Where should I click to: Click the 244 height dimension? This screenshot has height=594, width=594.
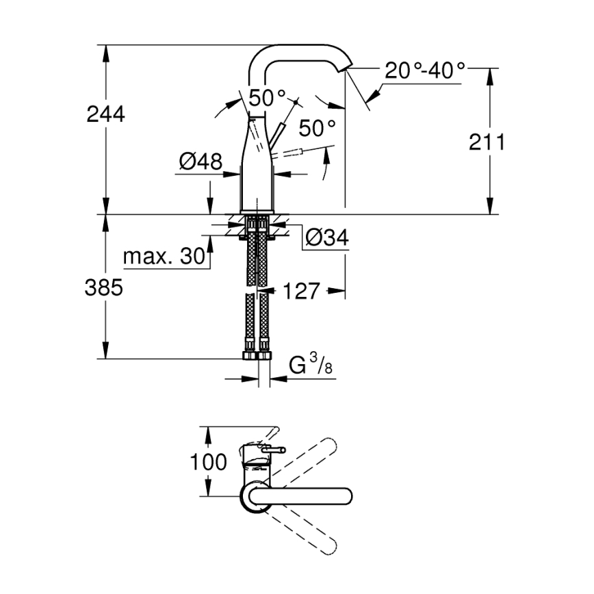tap(105, 114)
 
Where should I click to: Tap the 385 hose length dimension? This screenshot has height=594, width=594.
tap(104, 288)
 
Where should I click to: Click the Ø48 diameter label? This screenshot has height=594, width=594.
tap(201, 162)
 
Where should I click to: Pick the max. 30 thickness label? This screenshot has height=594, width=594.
tap(164, 257)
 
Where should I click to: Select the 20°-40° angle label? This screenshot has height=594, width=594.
tap(424, 70)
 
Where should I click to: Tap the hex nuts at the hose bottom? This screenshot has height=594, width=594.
tap(257, 355)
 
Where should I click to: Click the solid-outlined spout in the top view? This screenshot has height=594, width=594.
tap(301, 495)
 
